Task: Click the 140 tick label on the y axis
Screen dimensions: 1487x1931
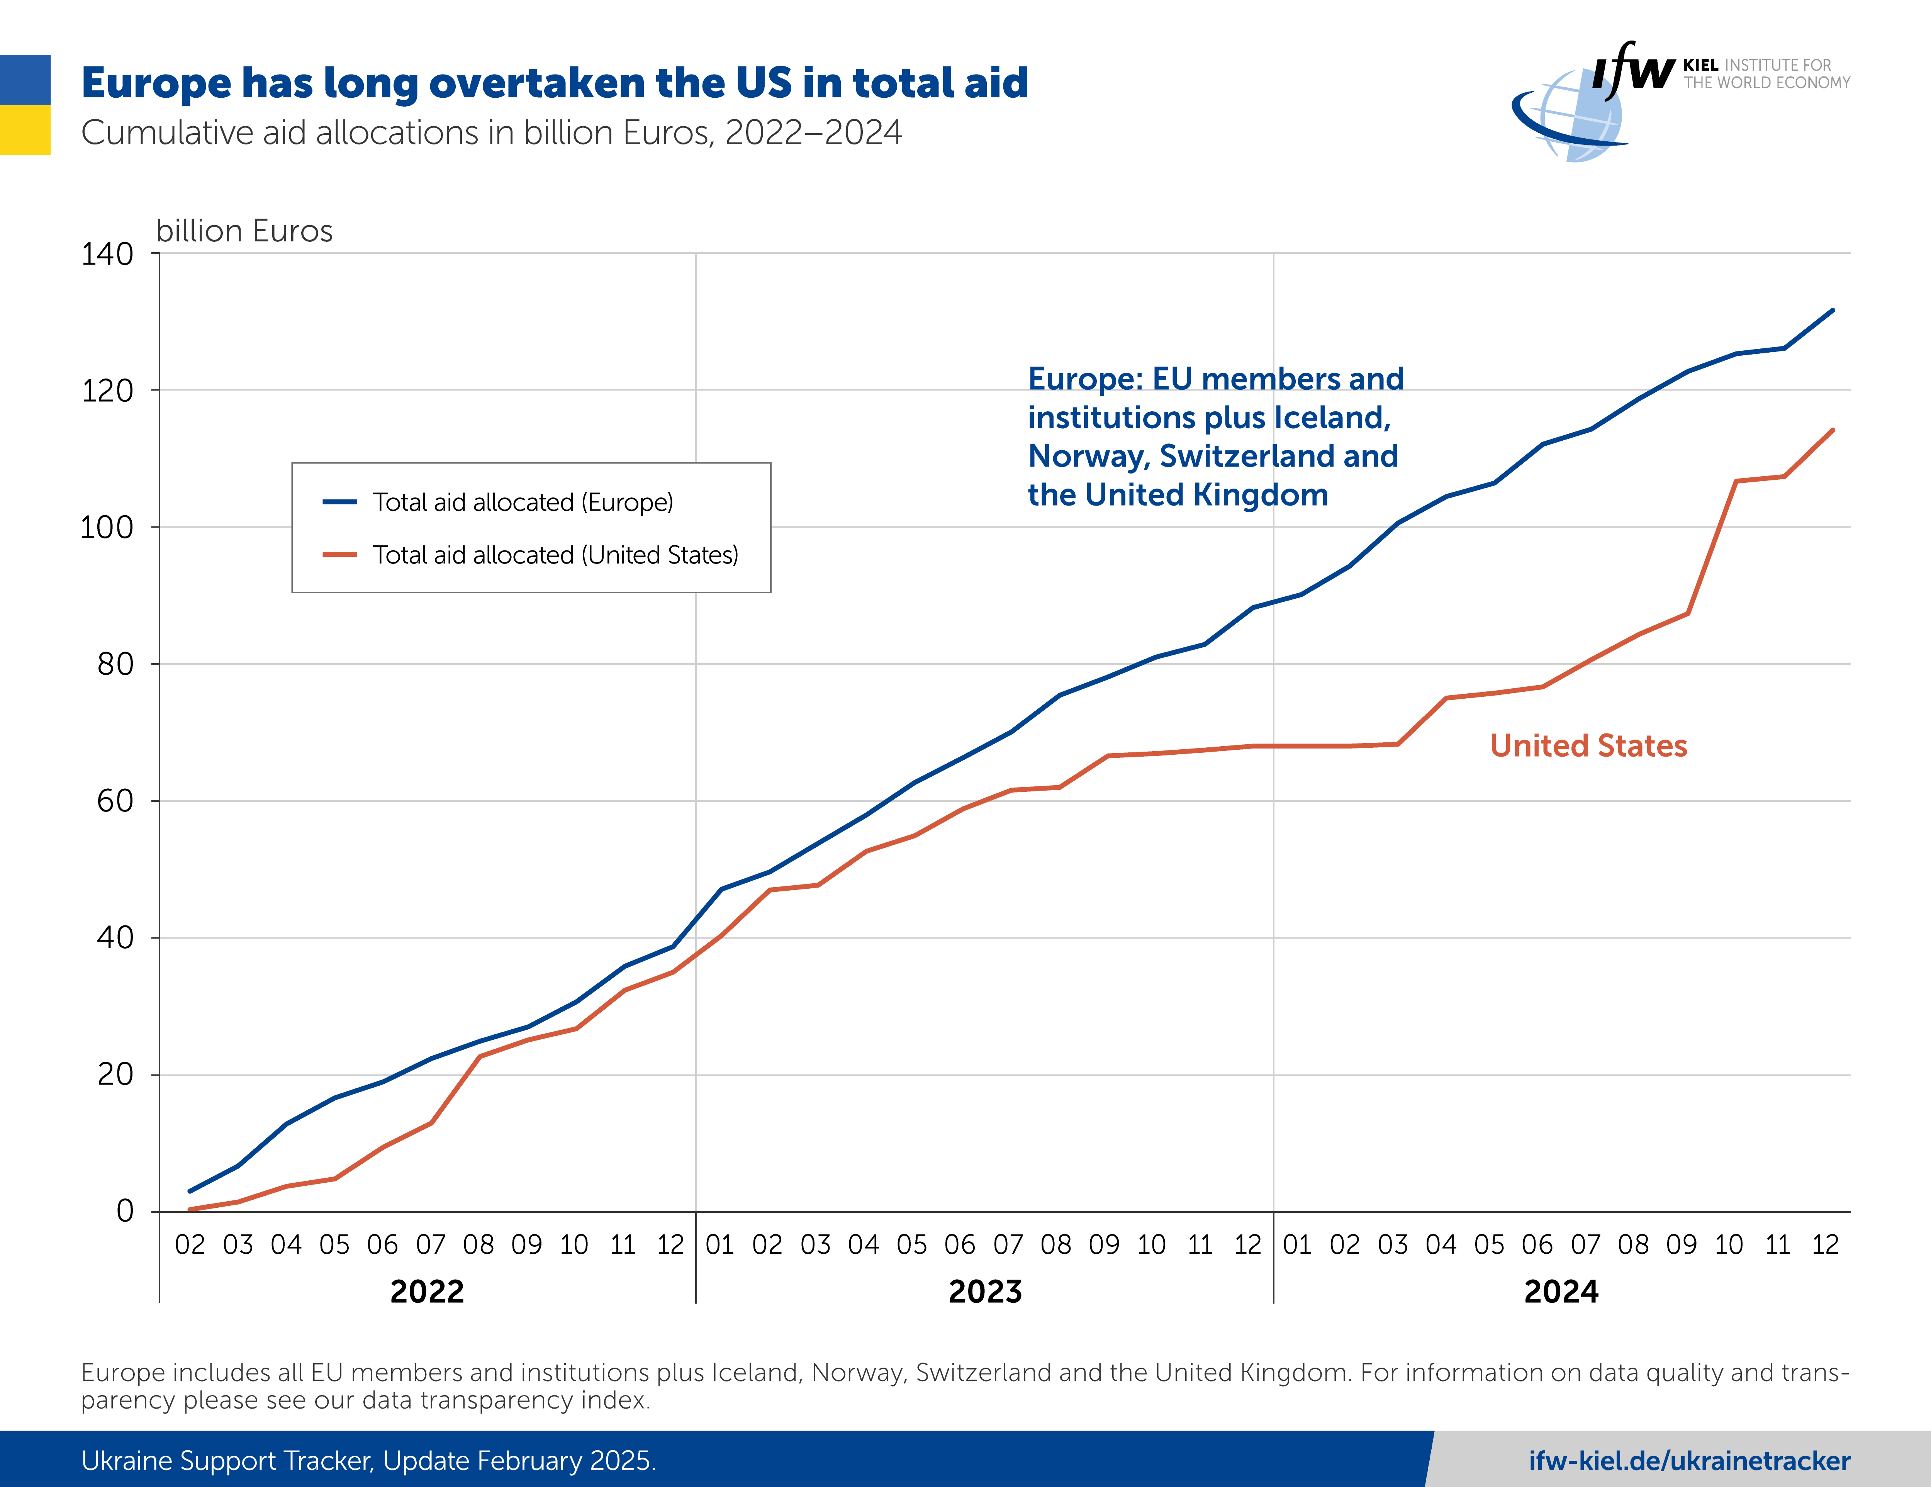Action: pyautogui.click(x=107, y=255)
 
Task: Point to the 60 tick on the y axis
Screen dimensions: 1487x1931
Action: pyautogui.click(x=115, y=801)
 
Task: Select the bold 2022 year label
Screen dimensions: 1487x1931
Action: pyautogui.click(x=427, y=1292)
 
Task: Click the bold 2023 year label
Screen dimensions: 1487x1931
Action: pyautogui.click(x=985, y=1292)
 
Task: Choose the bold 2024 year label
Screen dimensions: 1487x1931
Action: pyautogui.click(x=1561, y=1292)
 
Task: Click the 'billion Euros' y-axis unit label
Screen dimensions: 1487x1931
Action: pyautogui.click(x=244, y=231)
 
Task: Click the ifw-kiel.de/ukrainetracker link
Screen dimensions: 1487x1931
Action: pyautogui.click(x=1689, y=1460)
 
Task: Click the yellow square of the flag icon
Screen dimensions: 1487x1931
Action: pyautogui.click(x=25, y=130)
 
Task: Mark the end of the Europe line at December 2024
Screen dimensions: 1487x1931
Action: pyautogui.click(x=1832, y=310)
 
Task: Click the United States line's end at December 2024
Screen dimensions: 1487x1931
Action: pyautogui.click(x=1832, y=431)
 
